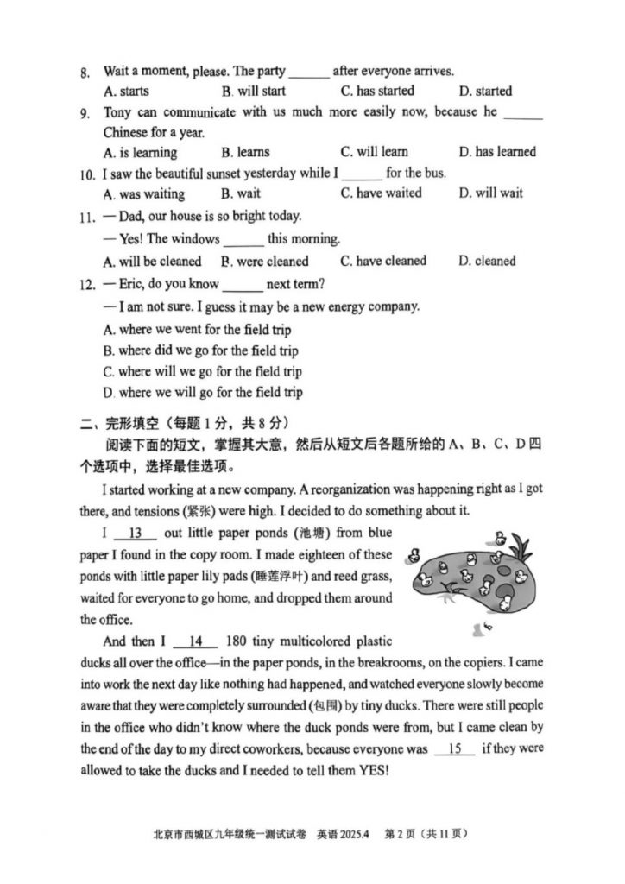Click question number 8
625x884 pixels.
(84, 73)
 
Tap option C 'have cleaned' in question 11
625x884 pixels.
(383, 261)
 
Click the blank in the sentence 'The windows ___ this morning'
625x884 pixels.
(243, 239)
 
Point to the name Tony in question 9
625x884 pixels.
(119, 112)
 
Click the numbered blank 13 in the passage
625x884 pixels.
(139, 533)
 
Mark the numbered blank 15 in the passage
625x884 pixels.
(455, 748)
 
